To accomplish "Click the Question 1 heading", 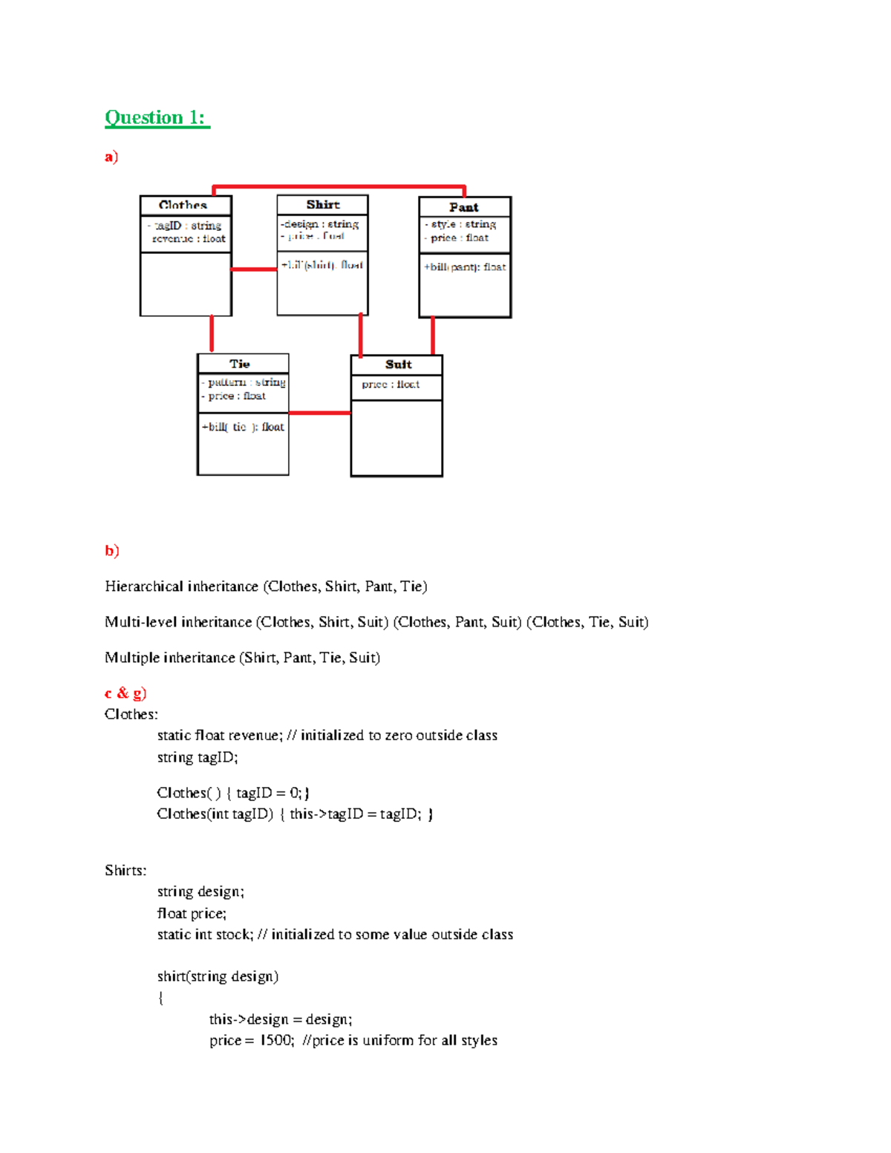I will (157, 117).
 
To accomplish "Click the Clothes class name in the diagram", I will (183, 205).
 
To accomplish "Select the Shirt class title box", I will (323, 204).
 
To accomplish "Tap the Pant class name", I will (464, 207).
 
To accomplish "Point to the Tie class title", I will (240, 364).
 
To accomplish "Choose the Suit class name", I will (398, 365).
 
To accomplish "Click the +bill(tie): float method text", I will (243, 427).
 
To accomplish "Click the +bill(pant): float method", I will (465, 267).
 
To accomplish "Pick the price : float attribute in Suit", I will (391, 385).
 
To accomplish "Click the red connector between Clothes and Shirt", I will (254, 269).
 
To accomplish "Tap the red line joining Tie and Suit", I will (319, 413).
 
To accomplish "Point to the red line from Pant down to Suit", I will (433, 336).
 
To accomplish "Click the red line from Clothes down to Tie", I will (212, 333).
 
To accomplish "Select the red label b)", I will (112, 550).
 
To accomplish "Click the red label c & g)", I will (125, 693).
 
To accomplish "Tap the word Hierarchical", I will (144, 587).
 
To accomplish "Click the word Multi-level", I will (141, 622).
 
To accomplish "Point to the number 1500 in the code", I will (276, 1040).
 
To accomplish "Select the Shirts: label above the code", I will (125, 870).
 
